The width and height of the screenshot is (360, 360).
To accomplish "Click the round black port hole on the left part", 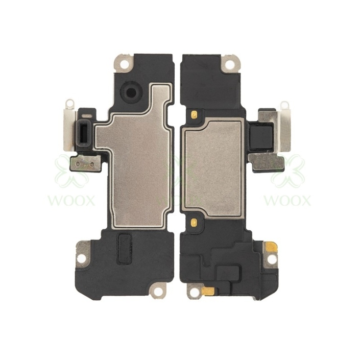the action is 131,93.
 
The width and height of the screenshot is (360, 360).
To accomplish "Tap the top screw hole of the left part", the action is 125,64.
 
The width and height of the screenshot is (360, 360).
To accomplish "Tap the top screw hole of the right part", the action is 230,64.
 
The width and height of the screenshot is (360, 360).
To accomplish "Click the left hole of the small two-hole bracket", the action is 78,164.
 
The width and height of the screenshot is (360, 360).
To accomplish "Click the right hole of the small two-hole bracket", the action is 92,164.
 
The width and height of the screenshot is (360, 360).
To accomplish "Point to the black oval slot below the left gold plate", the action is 125,248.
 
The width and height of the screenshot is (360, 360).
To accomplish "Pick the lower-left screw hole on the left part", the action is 82,258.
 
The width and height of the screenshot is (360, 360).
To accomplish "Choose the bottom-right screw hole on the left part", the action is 158,292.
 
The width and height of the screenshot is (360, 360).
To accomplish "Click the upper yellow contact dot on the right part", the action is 194,114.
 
